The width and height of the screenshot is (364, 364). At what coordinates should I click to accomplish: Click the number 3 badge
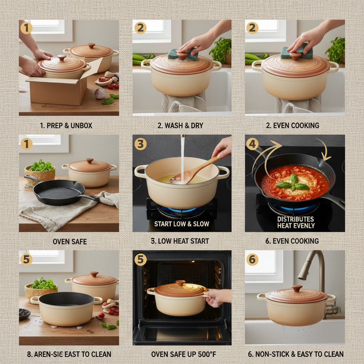[x=140, y=144]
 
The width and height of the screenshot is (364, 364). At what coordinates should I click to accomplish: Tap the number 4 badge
[x=252, y=144]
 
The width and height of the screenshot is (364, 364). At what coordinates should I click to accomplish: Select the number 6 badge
[x=252, y=259]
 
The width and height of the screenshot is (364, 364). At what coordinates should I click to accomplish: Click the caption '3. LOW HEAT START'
[x=180, y=241]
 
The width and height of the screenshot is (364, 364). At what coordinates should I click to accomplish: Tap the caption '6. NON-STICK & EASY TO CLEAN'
[x=296, y=354]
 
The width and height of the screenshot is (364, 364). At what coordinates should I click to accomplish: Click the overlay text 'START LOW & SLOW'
[x=182, y=224]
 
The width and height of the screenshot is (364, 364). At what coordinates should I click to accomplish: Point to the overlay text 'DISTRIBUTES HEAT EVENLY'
[x=295, y=222]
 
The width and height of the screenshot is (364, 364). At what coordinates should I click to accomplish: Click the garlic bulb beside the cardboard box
[x=100, y=93]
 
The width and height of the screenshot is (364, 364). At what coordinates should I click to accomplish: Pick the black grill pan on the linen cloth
[x=57, y=192]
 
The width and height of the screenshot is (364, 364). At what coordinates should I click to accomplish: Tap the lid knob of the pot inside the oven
[x=180, y=283]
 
